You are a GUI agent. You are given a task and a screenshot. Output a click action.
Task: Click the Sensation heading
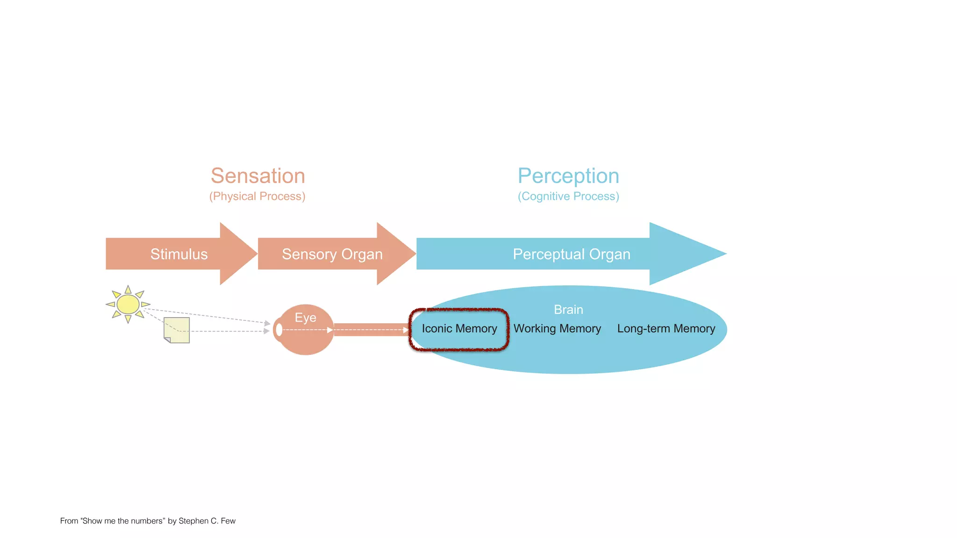tap(258, 176)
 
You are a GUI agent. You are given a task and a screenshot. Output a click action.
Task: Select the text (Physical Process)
tap(257, 196)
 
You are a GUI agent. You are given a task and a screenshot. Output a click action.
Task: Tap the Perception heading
tap(568, 176)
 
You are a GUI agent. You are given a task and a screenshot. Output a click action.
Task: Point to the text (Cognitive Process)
tap(568, 196)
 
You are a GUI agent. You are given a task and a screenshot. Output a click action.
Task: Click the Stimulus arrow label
tap(179, 254)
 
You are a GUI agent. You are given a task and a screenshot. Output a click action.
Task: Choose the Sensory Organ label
tap(332, 254)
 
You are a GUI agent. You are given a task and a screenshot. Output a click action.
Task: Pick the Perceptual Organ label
tap(571, 254)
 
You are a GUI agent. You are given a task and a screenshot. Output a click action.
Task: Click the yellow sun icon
tap(128, 304)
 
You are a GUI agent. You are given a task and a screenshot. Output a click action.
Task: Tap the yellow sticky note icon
tap(177, 330)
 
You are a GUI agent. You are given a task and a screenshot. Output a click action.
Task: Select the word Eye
tap(306, 318)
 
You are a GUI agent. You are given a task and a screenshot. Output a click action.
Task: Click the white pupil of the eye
tap(279, 330)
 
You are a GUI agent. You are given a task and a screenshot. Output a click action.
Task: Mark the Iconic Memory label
tap(459, 329)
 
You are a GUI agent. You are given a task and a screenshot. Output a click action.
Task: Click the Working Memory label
tap(557, 329)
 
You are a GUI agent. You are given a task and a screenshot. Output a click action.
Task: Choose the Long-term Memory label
tap(666, 329)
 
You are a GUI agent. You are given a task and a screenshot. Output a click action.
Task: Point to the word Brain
tap(568, 310)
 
